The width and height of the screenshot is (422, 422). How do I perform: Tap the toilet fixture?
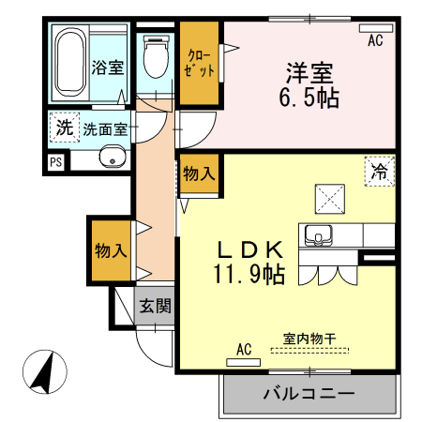(156, 55)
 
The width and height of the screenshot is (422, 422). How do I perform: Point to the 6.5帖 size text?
(309, 97)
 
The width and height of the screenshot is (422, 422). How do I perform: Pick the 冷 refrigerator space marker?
(380, 173)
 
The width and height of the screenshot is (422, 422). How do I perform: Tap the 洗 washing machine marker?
(63, 128)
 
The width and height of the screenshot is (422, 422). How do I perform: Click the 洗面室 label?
(105, 129)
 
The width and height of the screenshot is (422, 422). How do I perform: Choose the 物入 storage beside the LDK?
(199, 173)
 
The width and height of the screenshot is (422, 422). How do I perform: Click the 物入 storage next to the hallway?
(110, 249)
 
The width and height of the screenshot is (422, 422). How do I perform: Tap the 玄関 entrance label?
(156, 306)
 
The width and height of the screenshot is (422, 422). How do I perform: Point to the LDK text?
(250, 249)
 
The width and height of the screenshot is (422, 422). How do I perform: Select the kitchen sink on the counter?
(319, 235)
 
